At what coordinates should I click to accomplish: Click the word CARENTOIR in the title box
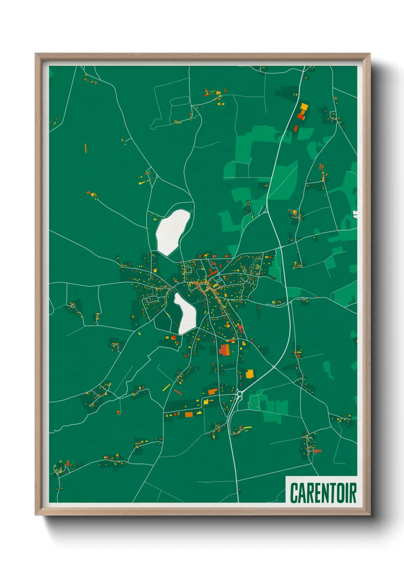323,492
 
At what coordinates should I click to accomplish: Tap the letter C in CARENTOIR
294,493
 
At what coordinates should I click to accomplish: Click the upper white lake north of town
173,232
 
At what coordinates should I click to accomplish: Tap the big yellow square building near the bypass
250,373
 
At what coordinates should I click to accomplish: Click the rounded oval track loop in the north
179,101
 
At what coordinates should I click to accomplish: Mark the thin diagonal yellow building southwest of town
166,387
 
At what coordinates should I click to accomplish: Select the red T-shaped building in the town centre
212,273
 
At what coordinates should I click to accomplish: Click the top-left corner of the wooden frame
36,54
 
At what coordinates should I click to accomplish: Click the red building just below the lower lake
174,337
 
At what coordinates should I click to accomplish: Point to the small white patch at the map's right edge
355,214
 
